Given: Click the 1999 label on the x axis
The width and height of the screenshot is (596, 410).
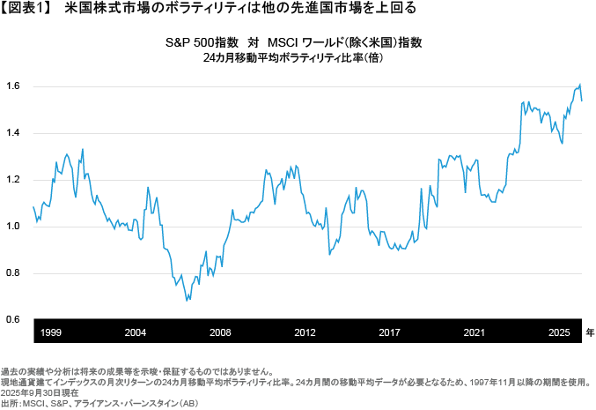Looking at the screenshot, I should pos(51,332).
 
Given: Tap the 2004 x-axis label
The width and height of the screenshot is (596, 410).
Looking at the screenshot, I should pos(136,332).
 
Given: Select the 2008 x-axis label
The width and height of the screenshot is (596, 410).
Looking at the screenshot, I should pos(220,332).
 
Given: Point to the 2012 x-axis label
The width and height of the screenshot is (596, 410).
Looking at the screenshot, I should pos(305,332).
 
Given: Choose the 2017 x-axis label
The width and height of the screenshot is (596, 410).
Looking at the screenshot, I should pos(390,332).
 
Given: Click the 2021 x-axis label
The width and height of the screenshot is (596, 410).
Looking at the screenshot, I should pos(475,332).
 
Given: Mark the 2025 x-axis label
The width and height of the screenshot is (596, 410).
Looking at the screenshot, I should pos(558,332).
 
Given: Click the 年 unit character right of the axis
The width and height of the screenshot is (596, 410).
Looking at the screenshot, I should pos(590,332).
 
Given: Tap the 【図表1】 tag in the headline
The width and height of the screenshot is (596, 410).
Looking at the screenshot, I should pos(28,10).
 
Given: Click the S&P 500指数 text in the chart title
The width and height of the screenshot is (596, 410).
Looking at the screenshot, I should pos(196,41).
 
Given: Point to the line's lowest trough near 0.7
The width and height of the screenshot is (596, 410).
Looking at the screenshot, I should pos(187,301).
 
